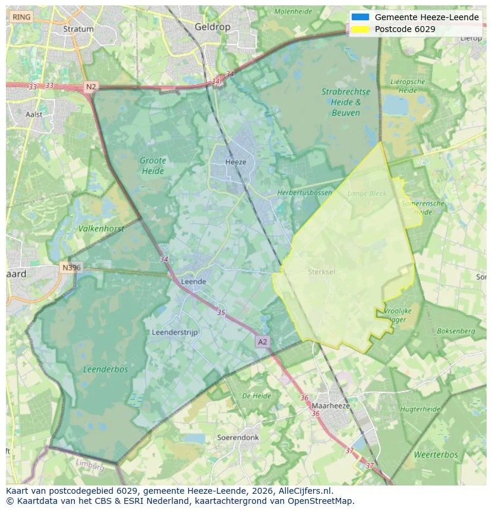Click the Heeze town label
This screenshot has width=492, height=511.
(x=235, y=161)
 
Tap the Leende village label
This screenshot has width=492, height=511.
(x=193, y=281)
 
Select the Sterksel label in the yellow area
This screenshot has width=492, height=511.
(x=321, y=272)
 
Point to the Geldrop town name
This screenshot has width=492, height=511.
(x=212, y=27)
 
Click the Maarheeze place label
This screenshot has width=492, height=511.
(x=330, y=405)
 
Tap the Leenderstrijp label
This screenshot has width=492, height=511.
(x=175, y=332)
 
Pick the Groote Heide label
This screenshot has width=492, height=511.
(x=153, y=166)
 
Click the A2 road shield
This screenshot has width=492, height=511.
(x=262, y=342)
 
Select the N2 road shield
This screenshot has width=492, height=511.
(x=90, y=87)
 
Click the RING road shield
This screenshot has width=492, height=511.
(x=21, y=17)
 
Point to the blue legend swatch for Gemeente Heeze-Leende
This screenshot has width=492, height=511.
(x=360, y=17)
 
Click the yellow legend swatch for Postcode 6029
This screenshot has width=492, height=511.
(x=360, y=29)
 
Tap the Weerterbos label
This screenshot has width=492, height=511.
(x=436, y=455)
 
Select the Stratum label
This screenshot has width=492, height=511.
(x=78, y=28)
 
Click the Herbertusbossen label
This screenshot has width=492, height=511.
(x=305, y=193)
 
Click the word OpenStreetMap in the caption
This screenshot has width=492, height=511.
(x=323, y=501)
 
